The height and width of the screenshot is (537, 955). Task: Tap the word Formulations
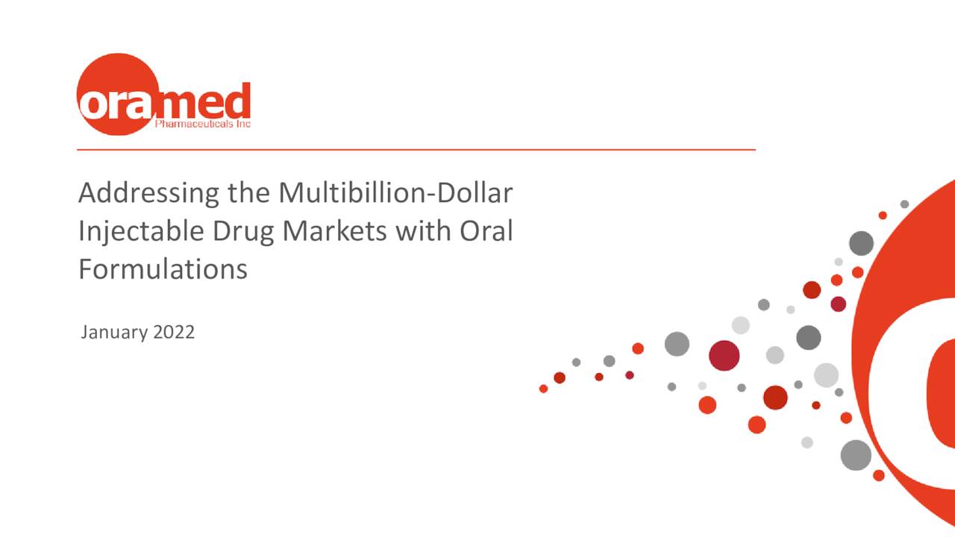(x=163, y=268)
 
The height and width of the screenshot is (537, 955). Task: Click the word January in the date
(x=113, y=332)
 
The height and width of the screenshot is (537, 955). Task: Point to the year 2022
(x=174, y=332)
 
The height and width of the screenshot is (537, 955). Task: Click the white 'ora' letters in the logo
(x=116, y=104)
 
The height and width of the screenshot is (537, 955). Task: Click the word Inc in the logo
(x=243, y=124)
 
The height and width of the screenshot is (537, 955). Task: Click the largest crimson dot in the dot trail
(x=724, y=355)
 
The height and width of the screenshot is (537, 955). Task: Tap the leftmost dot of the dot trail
(x=543, y=389)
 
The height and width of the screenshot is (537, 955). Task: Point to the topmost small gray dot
(x=904, y=204)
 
